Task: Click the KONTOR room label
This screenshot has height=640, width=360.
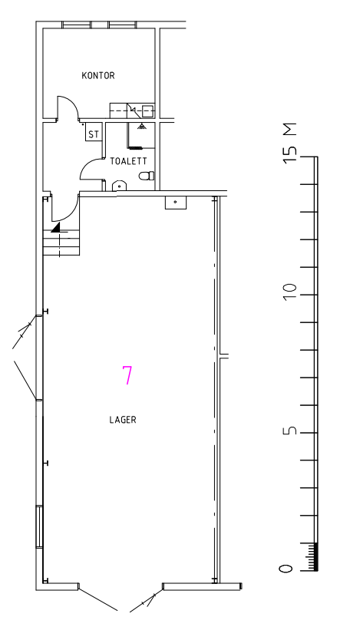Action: [x=98, y=75]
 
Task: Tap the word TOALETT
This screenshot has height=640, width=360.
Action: [x=128, y=162]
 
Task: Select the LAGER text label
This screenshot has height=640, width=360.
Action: [x=123, y=420]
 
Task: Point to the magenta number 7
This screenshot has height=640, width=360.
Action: [x=127, y=375]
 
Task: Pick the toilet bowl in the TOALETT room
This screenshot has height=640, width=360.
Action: [x=147, y=176]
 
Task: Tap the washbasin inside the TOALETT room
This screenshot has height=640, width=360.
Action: [x=119, y=186]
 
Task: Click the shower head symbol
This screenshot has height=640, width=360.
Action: [x=142, y=126]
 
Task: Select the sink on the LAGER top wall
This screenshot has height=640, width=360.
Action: [x=176, y=203]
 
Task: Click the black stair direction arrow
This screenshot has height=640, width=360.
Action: [x=56, y=228]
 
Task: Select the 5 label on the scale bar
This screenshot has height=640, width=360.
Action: [x=288, y=431]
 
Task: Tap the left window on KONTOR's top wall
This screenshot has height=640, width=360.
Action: [x=76, y=25]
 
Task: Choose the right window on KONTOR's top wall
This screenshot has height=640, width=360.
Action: [x=123, y=25]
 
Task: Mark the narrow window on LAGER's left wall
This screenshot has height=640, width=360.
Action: [x=39, y=526]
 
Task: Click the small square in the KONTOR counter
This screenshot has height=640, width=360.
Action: [x=147, y=111]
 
